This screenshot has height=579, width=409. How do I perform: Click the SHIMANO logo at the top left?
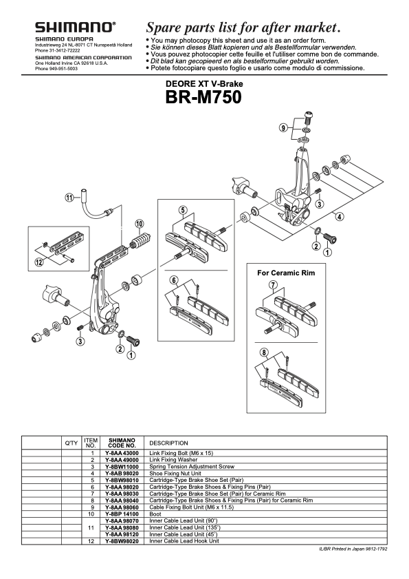(x=76, y=28)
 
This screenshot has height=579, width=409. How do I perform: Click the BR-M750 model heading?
(x=203, y=97)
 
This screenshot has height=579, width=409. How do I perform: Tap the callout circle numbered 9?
(x=283, y=128)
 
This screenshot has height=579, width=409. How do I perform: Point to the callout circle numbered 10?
(x=139, y=224)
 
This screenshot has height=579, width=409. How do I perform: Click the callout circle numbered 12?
(x=39, y=262)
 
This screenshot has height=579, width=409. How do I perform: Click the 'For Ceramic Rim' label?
(x=285, y=273)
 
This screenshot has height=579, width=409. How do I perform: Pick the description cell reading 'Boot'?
(x=155, y=514)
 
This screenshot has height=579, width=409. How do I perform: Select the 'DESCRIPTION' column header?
(x=168, y=443)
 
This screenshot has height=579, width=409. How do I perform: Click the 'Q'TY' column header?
(x=71, y=443)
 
